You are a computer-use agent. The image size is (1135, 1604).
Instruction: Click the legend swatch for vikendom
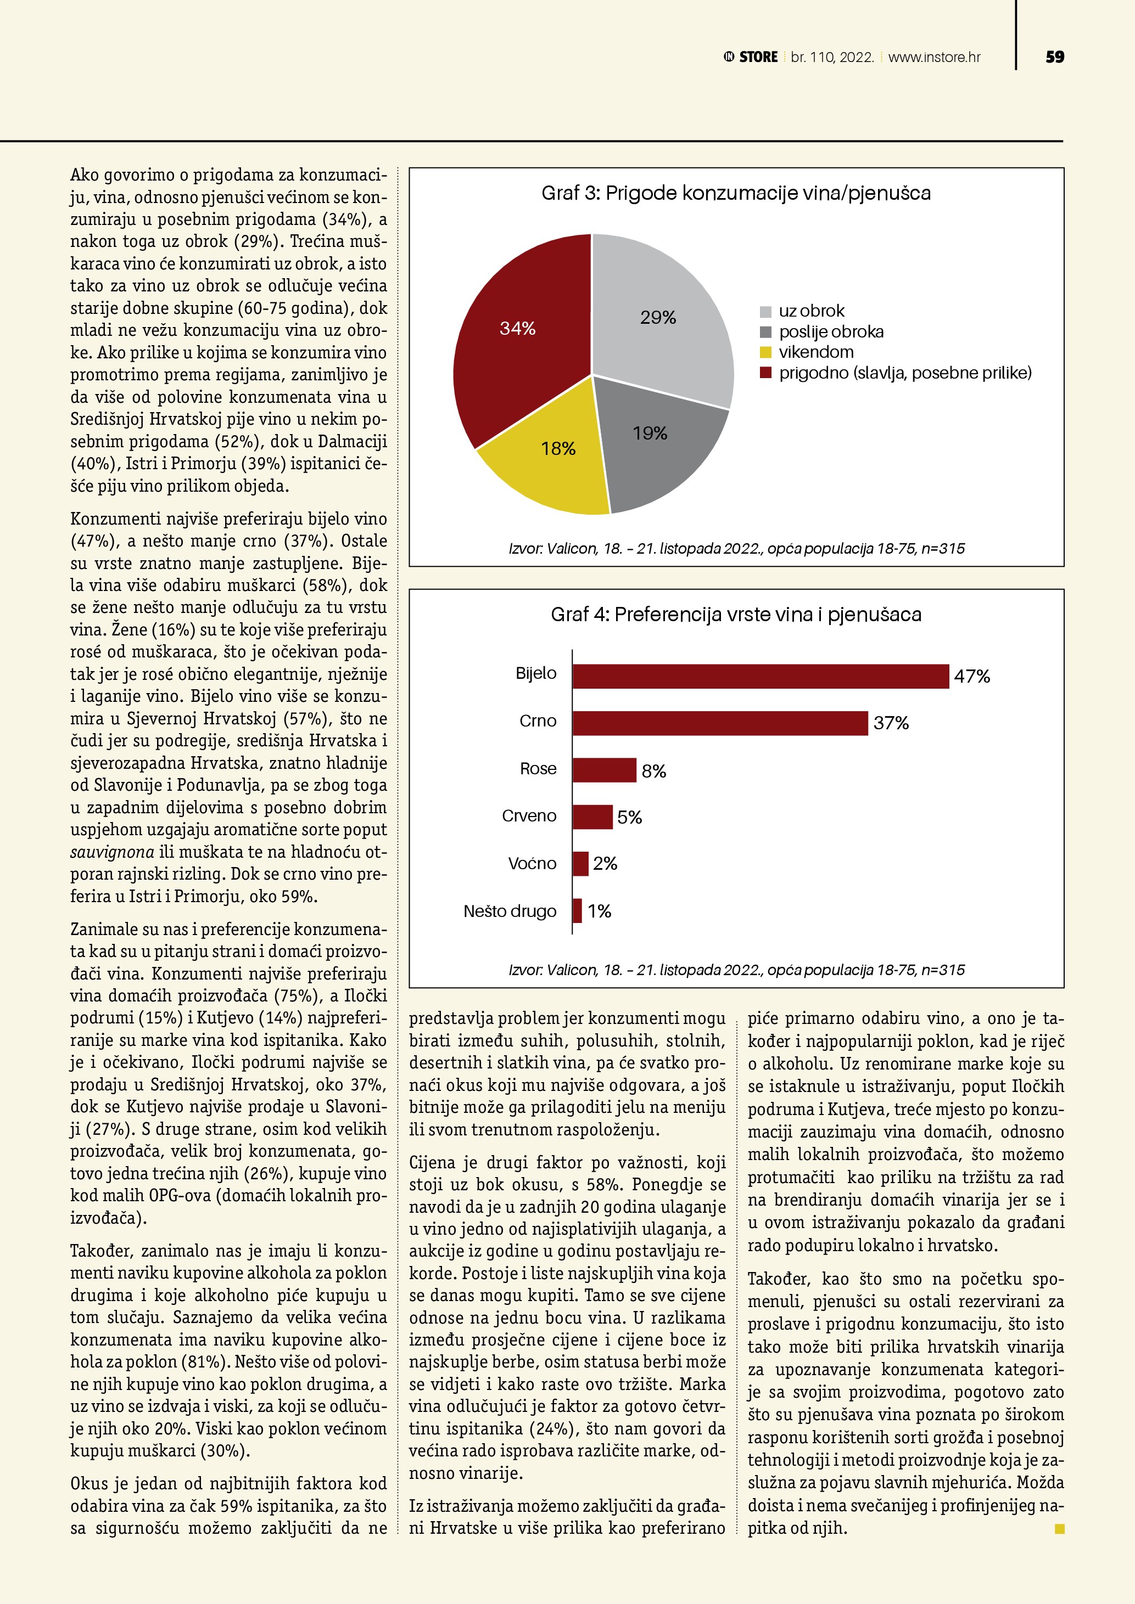coord(765,352)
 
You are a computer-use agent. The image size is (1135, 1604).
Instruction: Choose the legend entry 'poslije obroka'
coord(831,332)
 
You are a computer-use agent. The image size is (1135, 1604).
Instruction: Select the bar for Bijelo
coord(761,676)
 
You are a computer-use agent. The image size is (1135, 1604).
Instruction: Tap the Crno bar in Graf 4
coord(720,723)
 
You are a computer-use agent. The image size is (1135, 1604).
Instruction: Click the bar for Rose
coord(605,770)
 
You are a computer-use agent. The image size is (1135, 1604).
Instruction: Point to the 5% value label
coord(630,818)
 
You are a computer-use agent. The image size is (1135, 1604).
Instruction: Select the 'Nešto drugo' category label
coord(510,911)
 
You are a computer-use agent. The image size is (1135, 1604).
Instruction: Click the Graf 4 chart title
coord(736,615)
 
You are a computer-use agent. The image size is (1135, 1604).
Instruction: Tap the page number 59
coord(1055,57)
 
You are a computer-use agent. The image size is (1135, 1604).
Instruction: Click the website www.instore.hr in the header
coord(935,57)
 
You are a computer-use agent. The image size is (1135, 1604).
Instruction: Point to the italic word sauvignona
coord(112,852)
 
